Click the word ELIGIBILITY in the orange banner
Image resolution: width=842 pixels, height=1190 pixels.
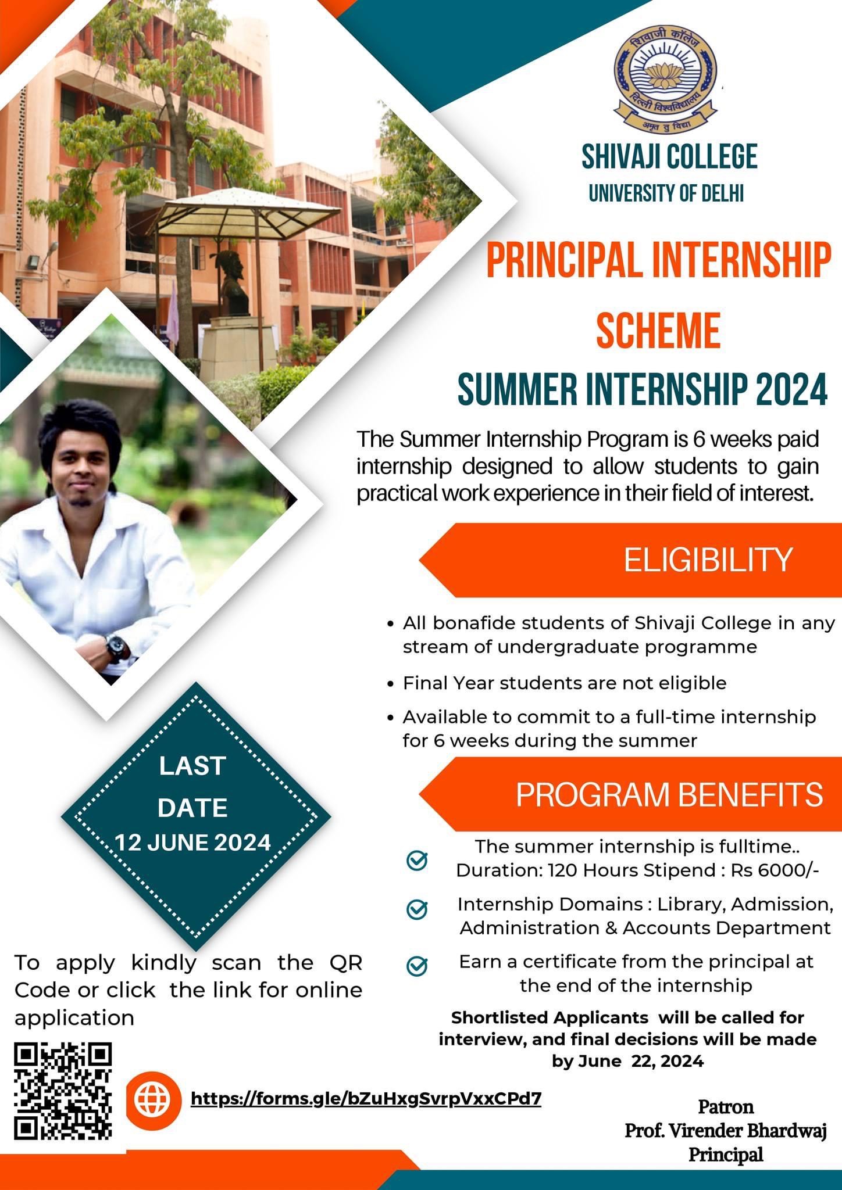(x=708, y=560)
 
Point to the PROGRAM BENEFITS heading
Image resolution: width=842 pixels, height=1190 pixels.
(x=669, y=794)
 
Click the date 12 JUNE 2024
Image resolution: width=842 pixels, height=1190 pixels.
(x=192, y=842)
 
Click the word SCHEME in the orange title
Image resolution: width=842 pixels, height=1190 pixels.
(x=658, y=329)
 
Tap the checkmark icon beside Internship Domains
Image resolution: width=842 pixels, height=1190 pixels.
(x=416, y=909)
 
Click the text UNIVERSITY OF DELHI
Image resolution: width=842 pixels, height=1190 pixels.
(x=666, y=192)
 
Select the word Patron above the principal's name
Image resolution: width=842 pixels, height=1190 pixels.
(x=726, y=1106)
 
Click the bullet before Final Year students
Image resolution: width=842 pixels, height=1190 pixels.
(x=391, y=683)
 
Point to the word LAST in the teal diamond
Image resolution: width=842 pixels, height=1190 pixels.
(x=192, y=766)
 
